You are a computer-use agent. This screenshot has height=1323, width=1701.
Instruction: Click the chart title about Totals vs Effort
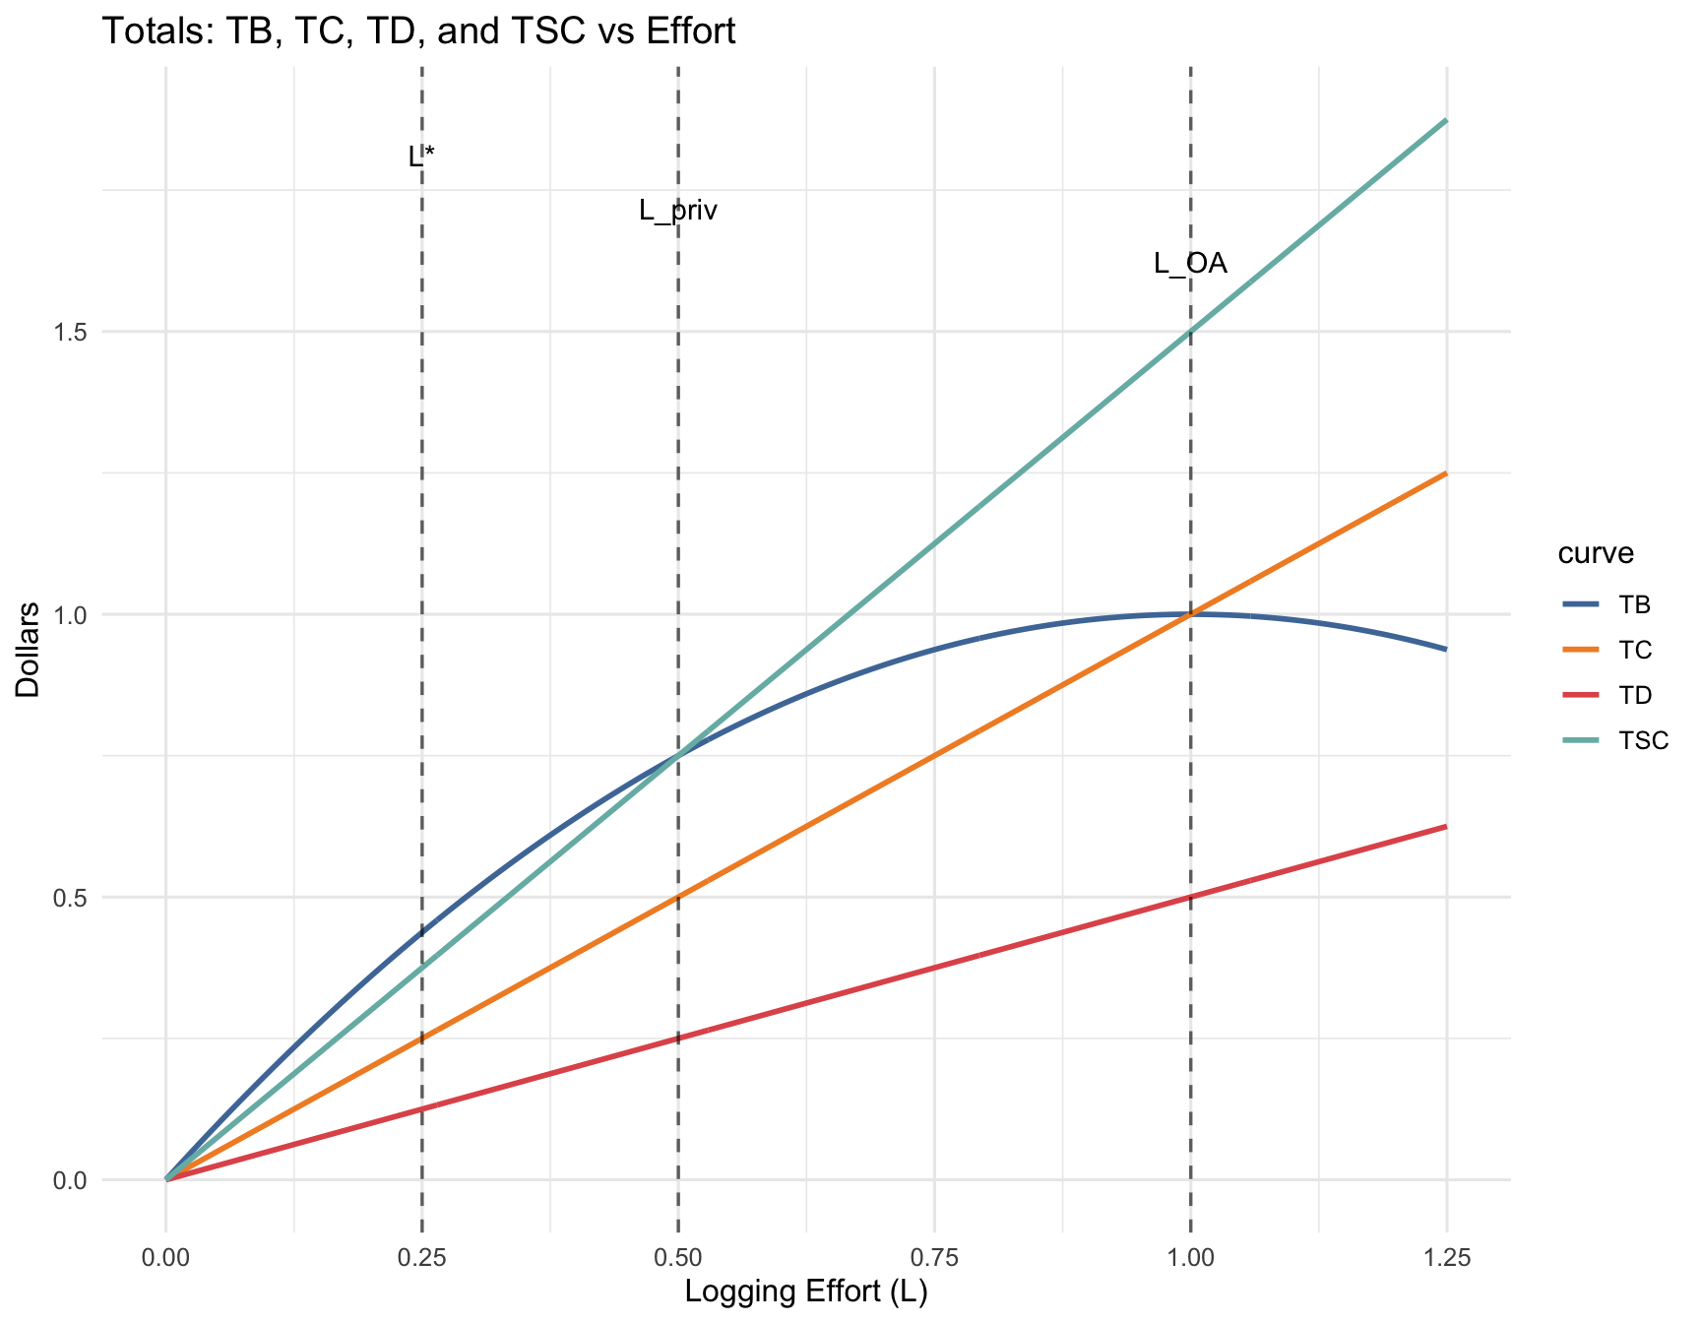tap(418, 32)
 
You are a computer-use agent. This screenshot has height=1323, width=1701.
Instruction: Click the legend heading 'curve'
tap(1595, 553)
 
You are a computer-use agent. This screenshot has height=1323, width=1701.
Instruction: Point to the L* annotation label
tap(421, 157)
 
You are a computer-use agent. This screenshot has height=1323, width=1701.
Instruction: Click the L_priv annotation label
tap(678, 210)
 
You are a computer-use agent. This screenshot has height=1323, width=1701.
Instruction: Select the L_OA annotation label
tap(1190, 264)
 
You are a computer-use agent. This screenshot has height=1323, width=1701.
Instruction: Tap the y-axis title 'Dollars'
tap(29, 650)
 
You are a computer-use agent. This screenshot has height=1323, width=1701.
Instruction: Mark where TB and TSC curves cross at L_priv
tap(678, 756)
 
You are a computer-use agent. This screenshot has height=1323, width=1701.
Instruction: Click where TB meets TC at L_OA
tap(1190, 614)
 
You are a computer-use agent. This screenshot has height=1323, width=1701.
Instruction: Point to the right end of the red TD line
tap(1445, 827)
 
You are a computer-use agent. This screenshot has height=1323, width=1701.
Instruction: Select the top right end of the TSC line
tap(1445, 120)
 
